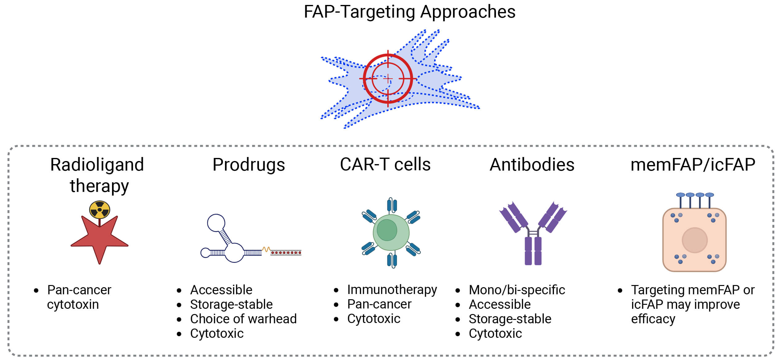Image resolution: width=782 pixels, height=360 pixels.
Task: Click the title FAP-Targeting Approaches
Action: (x=409, y=12)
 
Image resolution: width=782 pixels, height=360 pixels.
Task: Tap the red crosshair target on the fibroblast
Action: (x=388, y=79)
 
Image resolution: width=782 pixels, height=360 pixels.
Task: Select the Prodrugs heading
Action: (x=248, y=165)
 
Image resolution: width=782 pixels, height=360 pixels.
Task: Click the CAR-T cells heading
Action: (x=385, y=164)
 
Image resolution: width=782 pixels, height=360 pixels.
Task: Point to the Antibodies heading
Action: (x=532, y=165)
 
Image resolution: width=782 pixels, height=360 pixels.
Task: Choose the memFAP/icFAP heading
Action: (x=693, y=165)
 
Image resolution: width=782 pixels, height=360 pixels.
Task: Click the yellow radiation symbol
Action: (x=99, y=210)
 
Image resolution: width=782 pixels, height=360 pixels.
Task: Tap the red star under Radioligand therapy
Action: (x=99, y=241)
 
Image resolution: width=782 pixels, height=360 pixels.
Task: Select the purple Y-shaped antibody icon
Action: (x=533, y=234)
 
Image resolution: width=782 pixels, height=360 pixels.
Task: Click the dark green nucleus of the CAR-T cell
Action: (x=387, y=230)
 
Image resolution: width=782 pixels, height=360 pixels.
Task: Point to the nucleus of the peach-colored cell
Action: (x=695, y=240)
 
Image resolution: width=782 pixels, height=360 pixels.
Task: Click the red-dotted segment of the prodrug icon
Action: (x=286, y=253)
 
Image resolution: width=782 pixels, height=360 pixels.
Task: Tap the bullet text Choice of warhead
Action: (x=243, y=319)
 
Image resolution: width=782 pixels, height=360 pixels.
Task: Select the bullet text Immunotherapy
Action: (x=392, y=290)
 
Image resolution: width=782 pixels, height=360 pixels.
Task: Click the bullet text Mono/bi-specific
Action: (x=517, y=290)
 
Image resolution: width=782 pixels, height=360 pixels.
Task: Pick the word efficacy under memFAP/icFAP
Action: (x=653, y=319)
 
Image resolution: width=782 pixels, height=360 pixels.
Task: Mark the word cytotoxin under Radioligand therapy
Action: (x=73, y=304)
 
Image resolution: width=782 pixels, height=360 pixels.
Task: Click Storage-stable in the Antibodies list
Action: (x=510, y=319)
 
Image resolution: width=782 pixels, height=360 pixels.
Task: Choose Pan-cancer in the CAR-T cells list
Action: (x=379, y=304)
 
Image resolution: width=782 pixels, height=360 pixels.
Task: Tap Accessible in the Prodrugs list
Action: (x=221, y=290)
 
